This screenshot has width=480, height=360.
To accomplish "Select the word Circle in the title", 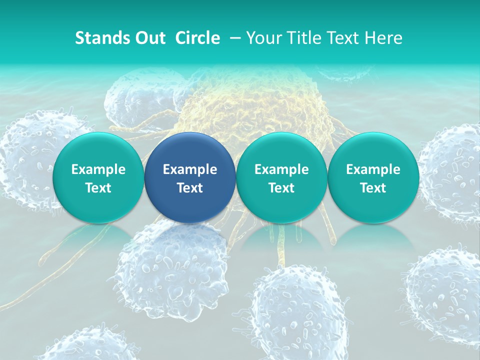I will pyautogui.click(x=197, y=38).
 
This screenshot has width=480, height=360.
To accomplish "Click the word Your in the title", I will pyautogui.click(x=264, y=38).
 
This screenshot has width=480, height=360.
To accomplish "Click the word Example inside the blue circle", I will pyautogui.click(x=190, y=169).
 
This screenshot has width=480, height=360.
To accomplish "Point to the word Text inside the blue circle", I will pyautogui.click(x=190, y=188).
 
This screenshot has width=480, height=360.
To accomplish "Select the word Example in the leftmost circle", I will pyautogui.click(x=98, y=169).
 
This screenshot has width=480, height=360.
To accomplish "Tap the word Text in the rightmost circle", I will pyautogui.click(x=373, y=188).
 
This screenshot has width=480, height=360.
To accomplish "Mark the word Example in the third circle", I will pyautogui.click(x=281, y=169).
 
